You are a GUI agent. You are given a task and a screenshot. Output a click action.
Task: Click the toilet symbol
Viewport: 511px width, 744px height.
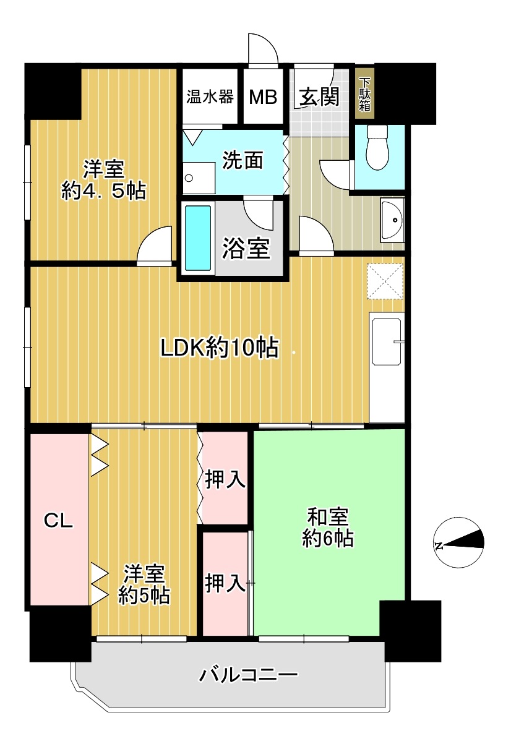(377, 147)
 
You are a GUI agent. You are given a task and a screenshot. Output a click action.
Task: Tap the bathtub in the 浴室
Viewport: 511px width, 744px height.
(198, 238)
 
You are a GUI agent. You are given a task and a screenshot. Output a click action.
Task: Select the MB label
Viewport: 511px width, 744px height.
(263, 97)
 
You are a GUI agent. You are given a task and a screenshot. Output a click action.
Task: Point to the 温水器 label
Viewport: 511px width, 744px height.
(210, 96)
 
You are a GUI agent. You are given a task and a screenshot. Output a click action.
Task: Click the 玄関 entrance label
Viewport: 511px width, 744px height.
(319, 97)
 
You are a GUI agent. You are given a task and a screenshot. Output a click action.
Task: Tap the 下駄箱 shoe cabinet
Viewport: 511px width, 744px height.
(364, 95)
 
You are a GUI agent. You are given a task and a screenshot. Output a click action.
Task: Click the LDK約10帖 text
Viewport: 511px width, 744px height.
(220, 348)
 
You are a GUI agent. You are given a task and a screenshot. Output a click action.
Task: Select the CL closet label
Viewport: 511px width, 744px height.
(59, 521)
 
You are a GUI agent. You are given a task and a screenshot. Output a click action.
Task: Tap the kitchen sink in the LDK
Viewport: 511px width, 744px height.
(387, 341)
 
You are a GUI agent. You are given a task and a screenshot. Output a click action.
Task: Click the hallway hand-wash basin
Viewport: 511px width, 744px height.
(392, 220)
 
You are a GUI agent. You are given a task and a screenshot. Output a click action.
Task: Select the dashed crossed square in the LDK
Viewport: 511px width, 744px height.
(385, 281)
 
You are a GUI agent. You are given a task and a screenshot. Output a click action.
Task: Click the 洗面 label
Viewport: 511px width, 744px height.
(243, 160)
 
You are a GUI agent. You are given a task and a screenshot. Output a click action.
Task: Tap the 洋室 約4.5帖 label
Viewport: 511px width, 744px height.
(103, 180)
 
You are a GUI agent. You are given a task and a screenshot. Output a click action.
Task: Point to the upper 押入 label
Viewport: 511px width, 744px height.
(225, 479)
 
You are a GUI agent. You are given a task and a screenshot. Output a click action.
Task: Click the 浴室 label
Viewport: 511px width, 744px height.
(246, 249)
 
